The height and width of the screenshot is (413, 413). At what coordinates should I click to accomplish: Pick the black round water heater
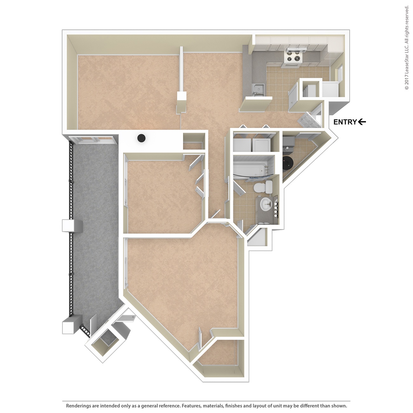[x=288, y=163]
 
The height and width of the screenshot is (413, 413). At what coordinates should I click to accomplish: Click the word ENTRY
[x=345, y=122]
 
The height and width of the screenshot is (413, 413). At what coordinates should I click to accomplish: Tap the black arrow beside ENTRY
[x=362, y=122]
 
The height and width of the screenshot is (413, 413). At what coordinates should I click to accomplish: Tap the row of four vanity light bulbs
[x=275, y=204]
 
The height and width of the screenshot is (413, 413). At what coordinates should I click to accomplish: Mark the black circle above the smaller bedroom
[x=141, y=138]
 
